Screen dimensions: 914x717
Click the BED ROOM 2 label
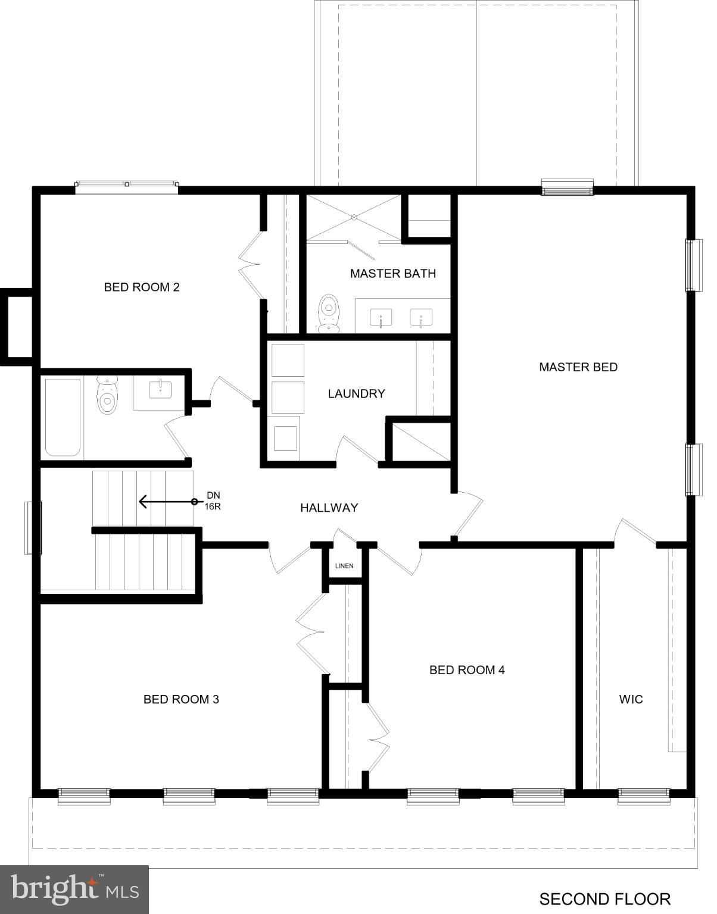pos(142,287)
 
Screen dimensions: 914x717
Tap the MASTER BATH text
pos(392,273)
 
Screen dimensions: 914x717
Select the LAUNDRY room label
pos(356,393)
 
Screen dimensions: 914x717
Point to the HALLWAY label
pos(329,508)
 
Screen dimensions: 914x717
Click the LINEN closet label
pos(344,565)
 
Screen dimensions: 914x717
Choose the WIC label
pos(631,699)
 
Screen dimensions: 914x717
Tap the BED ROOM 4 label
pos(467,670)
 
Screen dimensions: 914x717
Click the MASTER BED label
pos(578,367)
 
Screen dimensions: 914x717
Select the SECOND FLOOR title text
pos(604,899)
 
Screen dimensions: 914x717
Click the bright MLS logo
pos(74,890)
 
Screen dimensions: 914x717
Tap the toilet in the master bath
pos(328,313)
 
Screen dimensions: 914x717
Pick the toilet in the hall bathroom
pos(107,393)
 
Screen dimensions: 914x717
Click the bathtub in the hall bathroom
pos(63,417)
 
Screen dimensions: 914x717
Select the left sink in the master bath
pos(381,318)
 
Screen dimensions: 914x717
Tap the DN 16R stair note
pos(213,501)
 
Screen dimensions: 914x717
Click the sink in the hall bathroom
pos(160,390)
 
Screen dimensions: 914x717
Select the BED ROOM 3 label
pos(181,699)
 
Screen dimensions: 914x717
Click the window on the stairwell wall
pos(33,528)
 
